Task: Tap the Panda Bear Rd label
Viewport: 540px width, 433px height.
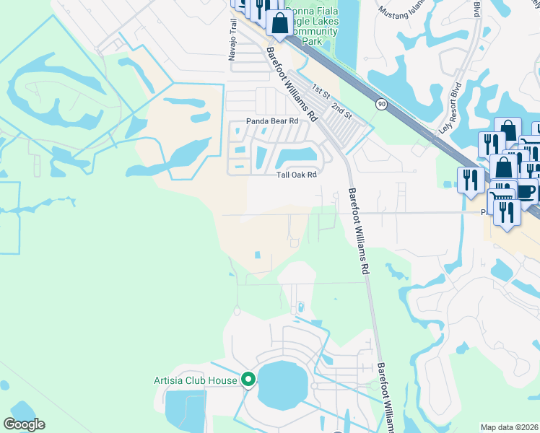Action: click(x=272, y=121)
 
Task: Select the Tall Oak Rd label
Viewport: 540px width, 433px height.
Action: click(x=297, y=175)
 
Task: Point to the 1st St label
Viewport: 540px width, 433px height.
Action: click(x=320, y=91)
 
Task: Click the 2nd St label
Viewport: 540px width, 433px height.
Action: click(x=341, y=110)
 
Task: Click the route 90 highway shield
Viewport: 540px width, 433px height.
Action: click(x=380, y=105)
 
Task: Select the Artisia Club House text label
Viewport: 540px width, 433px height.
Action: click(x=196, y=380)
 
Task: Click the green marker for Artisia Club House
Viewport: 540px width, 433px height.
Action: click(x=249, y=378)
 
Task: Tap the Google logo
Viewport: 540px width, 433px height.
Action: click(x=24, y=424)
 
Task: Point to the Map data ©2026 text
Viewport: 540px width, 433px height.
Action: click(x=510, y=427)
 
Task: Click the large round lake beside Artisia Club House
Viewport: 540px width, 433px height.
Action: click(x=282, y=384)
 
